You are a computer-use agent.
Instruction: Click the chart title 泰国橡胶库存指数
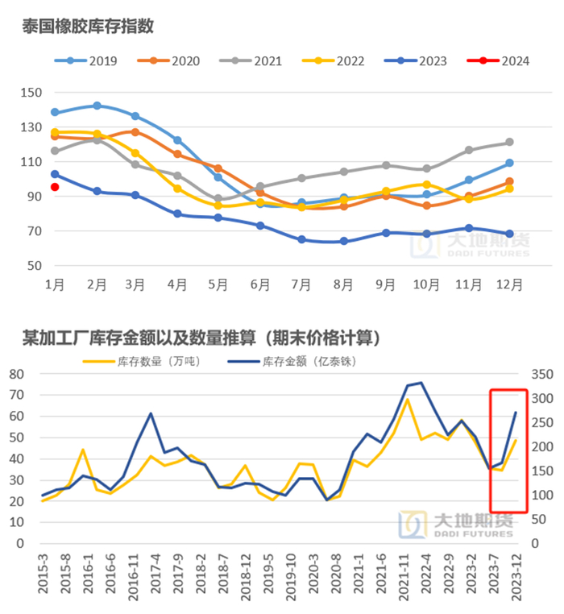pyautogui.click(x=87, y=27)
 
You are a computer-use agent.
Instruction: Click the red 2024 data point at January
pyautogui.click(x=55, y=187)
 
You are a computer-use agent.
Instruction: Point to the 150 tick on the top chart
pyautogui.click(x=31, y=93)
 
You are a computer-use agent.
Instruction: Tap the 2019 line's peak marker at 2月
pyautogui.click(x=97, y=106)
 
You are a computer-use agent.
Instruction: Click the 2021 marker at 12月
pyautogui.click(x=509, y=143)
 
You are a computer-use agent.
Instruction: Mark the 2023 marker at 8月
pyautogui.click(x=344, y=241)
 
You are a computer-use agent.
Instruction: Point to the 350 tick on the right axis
pyautogui.click(x=540, y=374)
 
